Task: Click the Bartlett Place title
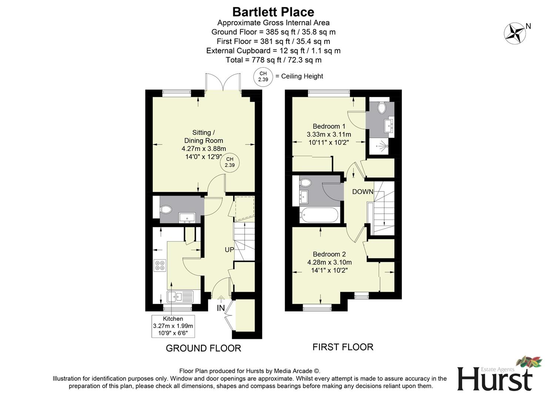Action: tap(273, 12)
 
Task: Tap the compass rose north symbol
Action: tap(515, 33)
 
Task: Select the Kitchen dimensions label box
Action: tap(173, 326)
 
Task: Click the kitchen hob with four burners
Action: tap(160, 265)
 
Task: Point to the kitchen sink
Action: tap(180, 296)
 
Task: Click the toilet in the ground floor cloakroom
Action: tap(166, 210)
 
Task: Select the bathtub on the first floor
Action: tap(319, 215)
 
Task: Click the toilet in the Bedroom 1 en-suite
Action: tap(382, 108)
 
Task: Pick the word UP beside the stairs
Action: tap(229, 250)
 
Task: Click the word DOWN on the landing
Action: tap(362, 191)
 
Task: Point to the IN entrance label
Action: tap(221, 308)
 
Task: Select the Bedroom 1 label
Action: tap(329, 126)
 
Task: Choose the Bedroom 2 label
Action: tap(329, 254)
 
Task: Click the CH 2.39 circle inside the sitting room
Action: tap(229, 162)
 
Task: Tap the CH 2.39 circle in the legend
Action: tap(263, 77)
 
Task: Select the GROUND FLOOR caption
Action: tap(203, 348)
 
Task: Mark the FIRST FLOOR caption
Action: tap(343, 347)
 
